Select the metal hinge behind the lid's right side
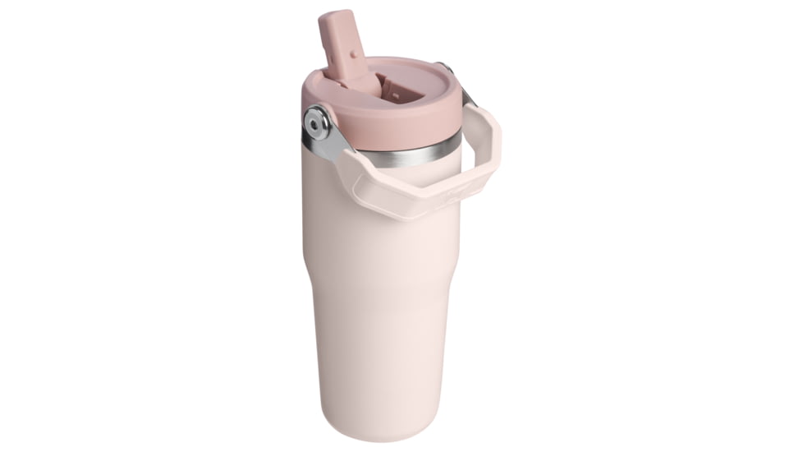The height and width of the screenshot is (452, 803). pyautogui.click(x=466, y=99)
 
